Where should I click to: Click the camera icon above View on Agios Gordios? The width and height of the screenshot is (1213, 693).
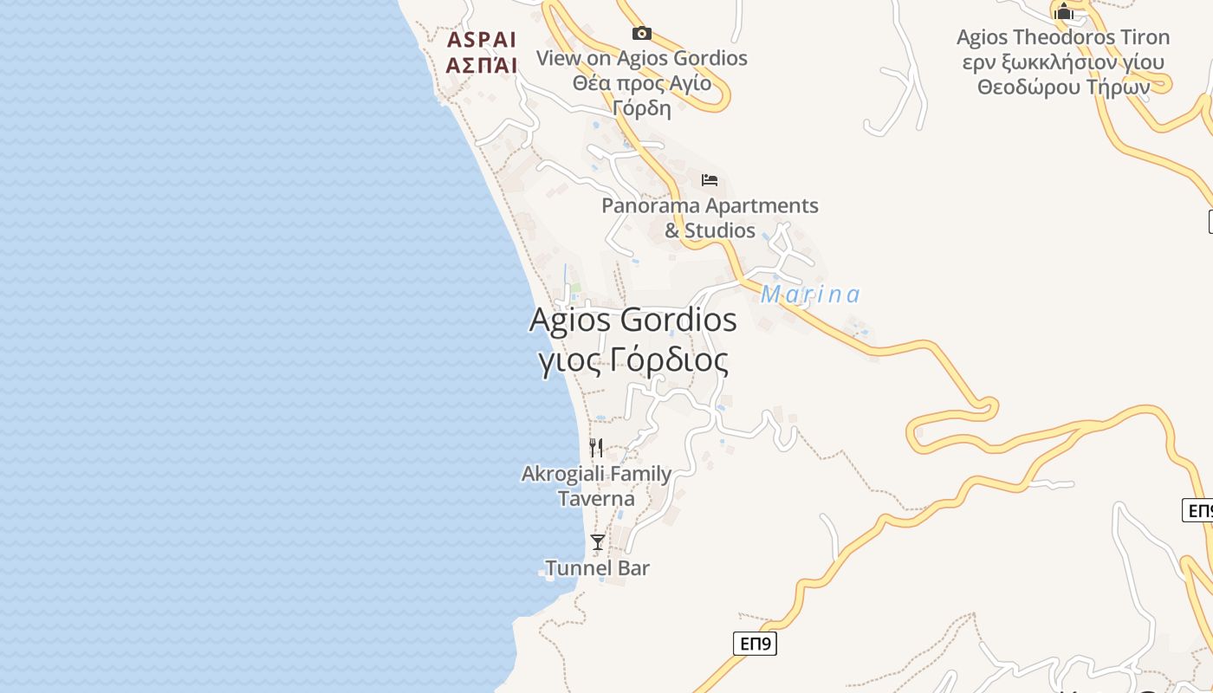tap(641, 34)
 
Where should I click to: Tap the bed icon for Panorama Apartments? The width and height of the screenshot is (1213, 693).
tap(710, 180)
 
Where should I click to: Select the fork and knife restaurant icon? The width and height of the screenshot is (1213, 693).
tap(596, 448)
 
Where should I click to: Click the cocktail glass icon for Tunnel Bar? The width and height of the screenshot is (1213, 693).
tap(598, 542)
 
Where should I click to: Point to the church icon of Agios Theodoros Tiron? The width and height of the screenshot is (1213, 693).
tap(1063, 11)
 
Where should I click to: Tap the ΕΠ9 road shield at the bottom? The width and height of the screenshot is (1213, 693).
tap(755, 644)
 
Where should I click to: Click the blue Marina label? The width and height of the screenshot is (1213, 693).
tap(810, 295)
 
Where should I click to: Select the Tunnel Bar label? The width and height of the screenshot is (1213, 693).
tap(598, 568)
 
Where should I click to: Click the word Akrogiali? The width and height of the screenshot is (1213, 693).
tap(562, 474)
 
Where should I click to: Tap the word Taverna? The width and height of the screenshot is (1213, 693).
tap(596, 499)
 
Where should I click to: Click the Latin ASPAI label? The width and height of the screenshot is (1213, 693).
tap(482, 41)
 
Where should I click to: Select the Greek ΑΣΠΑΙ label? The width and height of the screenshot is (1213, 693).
tap(482, 65)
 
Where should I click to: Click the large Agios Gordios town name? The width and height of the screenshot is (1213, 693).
tap(632, 321)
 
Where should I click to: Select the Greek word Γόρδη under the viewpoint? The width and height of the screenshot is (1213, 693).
tap(642, 108)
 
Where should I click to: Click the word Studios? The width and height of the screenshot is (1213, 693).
tap(720, 230)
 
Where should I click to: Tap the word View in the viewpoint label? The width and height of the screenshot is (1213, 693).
tap(559, 58)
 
